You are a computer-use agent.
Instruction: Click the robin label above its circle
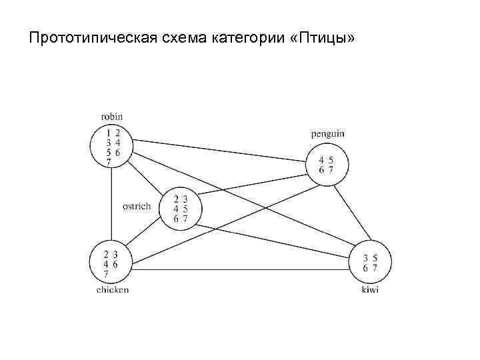coord(111,116)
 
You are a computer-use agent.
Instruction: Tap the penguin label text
coord(327,133)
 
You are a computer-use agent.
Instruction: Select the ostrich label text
coord(137,207)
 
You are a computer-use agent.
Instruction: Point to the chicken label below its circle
coord(111,290)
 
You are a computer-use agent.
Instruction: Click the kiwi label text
coord(369,290)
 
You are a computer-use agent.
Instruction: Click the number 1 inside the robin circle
coord(108,133)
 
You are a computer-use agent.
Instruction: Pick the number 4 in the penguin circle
coord(321,160)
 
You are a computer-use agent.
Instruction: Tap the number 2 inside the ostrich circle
coord(176,199)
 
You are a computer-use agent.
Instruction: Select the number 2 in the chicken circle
coord(107,254)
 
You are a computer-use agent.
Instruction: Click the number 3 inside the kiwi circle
coord(365,258)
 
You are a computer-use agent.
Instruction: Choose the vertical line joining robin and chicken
coord(111,200)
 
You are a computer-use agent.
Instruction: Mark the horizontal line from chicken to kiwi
coord(240,269)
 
